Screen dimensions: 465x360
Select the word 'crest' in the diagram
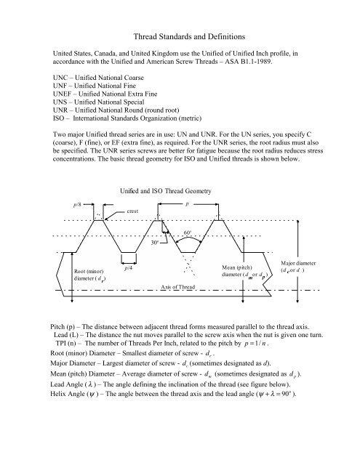pos(134,210)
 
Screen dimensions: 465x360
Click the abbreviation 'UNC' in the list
pos(55,75)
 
